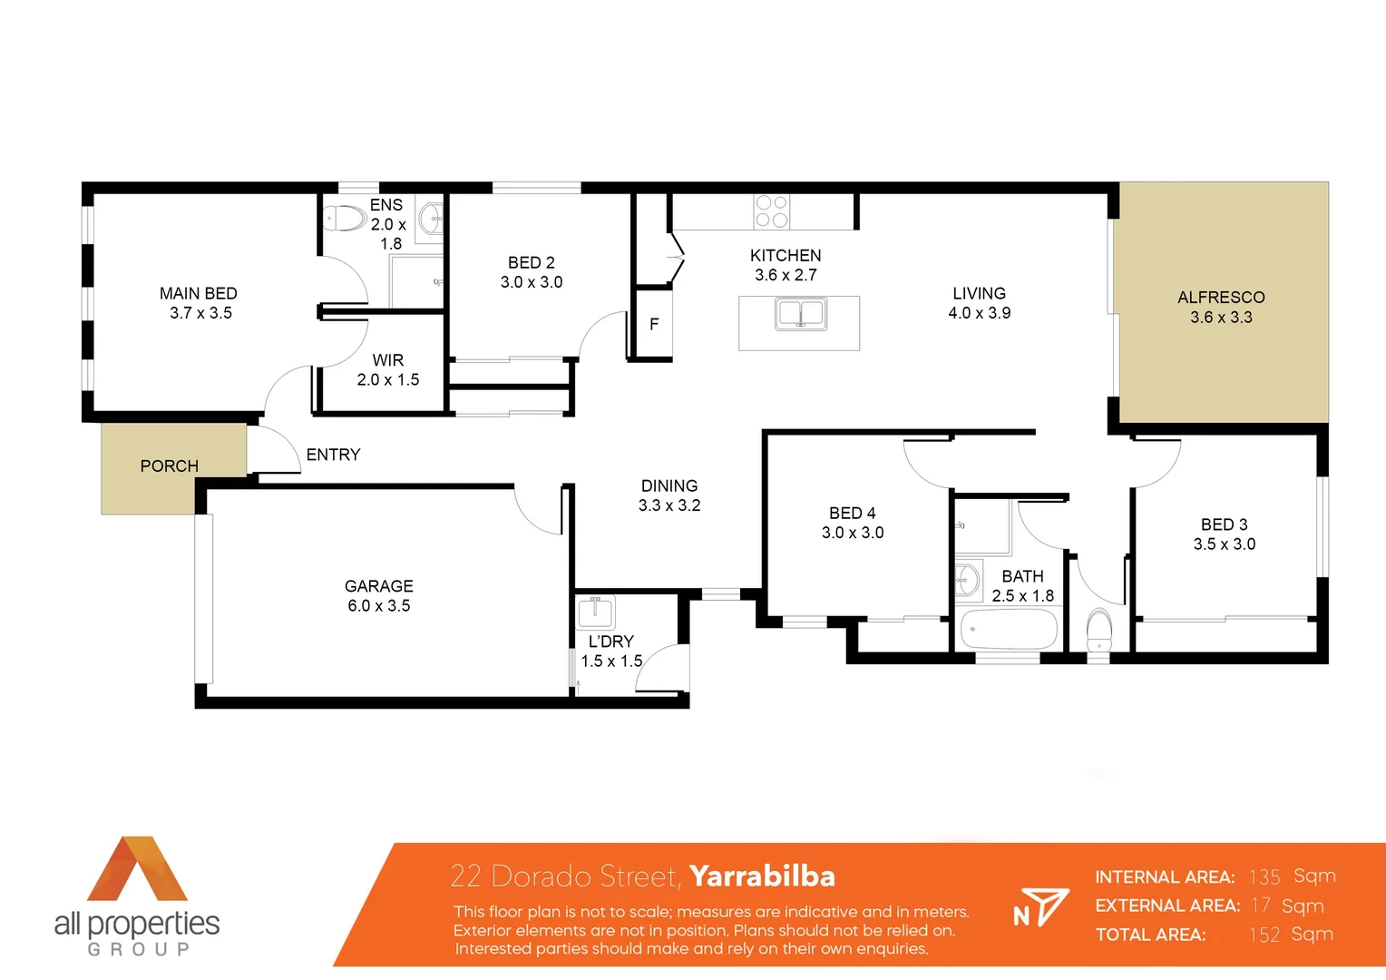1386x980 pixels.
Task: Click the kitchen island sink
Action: pyautogui.click(x=801, y=314)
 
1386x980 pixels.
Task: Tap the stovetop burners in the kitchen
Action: pyautogui.click(x=771, y=211)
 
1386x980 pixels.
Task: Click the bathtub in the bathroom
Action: pyautogui.click(x=1009, y=629)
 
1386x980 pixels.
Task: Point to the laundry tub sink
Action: pyautogui.click(x=596, y=612)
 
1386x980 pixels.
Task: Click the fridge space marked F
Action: pyautogui.click(x=654, y=324)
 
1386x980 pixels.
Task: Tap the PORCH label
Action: pyautogui.click(x=169, y=465)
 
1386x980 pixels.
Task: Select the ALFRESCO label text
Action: pyautogui.click(x=1221, y=298)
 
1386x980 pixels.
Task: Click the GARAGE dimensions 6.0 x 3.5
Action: pyautogui.click(x=379, y=606)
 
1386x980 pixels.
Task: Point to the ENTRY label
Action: pyautogui.click(x=333, y=455)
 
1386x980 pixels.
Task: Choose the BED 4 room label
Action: pyautogui.click(x=853, y=514)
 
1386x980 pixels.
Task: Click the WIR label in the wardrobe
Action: pyautogui.click(x=387, y=360)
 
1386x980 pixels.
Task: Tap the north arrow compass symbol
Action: pyautogui.click(x=1040, y=907)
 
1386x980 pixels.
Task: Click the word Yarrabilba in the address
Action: pyautogui.click(x=762, y=876)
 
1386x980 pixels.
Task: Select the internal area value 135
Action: pyautogui.click(x=1264, y=877)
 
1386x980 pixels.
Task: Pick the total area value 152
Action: pyautogui.click(x=1264, y=935)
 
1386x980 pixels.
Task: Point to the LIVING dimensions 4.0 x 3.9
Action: pyautogui.click(x=980, y=313)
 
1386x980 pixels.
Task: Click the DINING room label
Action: pyautogui.click(x=669, y=486)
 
